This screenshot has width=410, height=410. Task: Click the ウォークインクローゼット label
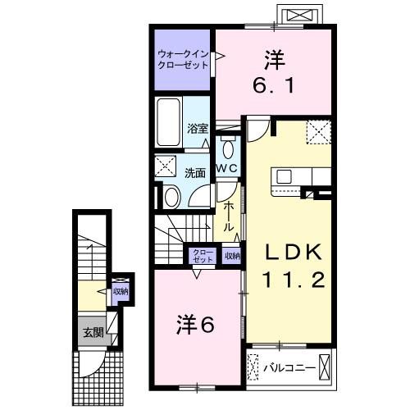click(x=183, y=59)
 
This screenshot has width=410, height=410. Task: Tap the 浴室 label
click(x=198, y=129)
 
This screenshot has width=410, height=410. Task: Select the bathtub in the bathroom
click(x=168, y=122)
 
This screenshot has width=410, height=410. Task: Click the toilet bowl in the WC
click(x=228, y=148)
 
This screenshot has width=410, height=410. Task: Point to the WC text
click(x=227, y=168)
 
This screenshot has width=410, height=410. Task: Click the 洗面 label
click(x=195, y=173)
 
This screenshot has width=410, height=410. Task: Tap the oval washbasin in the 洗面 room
click(x=172, y=196)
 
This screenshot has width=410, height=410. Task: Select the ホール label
click(x=229, y=217)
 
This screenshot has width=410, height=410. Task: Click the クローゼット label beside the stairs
click(x=203, y=256)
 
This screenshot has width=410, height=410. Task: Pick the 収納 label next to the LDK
click(x=233, y=256)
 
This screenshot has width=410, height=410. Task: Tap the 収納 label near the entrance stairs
click(x=121, y=291)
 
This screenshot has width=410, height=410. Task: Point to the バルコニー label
click(x=289, y=368)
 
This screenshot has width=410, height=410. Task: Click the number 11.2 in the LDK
click(x=294, y=280)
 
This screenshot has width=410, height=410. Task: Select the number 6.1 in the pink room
click(x=274, y=85)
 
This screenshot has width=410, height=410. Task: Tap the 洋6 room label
click(x=195, y=325)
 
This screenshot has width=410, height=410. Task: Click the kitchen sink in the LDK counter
click(x=284, y=176)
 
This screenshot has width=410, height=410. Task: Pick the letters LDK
click(x=294, y=252)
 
